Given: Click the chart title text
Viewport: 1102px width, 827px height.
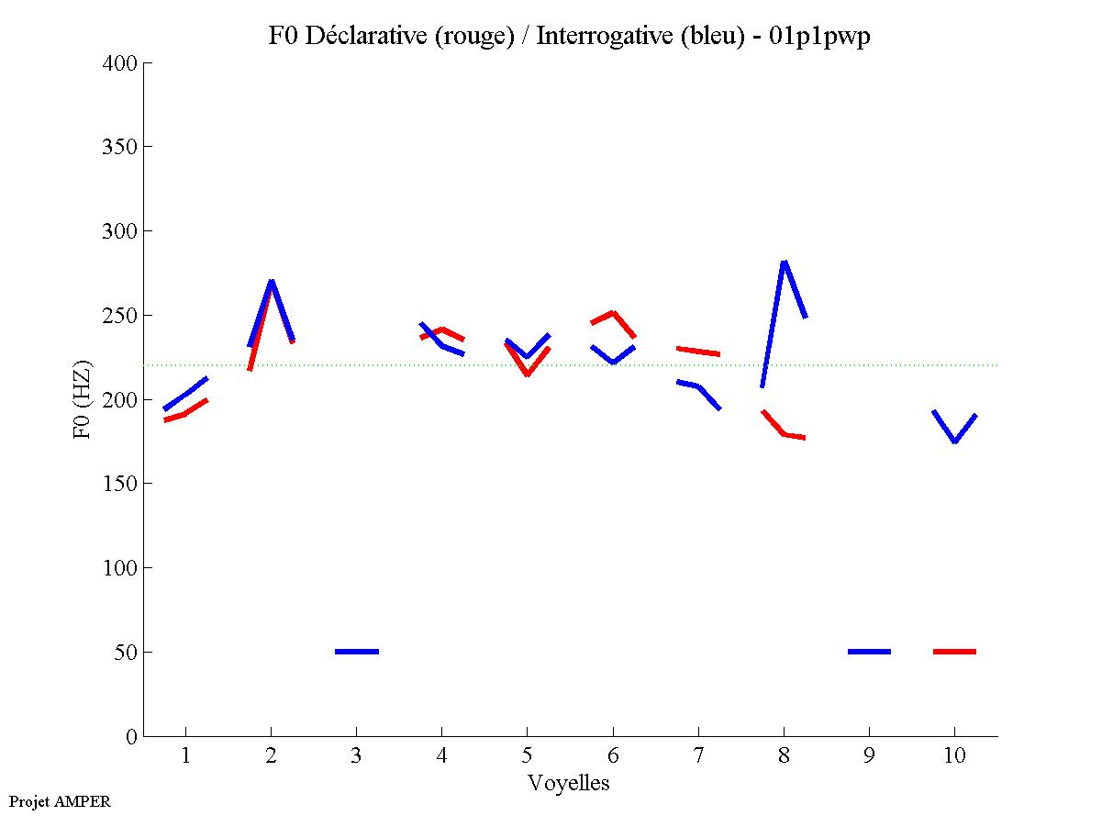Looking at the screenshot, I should [569, 36].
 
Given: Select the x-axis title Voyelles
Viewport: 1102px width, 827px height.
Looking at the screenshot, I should [569, 783].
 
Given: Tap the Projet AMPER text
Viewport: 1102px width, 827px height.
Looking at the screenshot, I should [60, 801].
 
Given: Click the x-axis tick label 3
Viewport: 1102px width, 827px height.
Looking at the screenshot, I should [356, 755].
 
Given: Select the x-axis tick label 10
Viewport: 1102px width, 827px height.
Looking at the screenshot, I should [954, 755].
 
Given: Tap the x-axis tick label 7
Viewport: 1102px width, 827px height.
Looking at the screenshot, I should [698, 755].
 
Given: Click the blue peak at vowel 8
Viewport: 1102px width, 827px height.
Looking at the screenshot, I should [784, 263].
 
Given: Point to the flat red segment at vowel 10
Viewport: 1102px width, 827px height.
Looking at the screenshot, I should [954, 652].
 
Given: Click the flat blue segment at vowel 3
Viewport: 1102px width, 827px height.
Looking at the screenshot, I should [356, 652].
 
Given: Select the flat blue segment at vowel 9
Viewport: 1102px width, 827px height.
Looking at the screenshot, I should [869, 652].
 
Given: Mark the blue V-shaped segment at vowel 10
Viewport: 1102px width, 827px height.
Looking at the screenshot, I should [954, 440].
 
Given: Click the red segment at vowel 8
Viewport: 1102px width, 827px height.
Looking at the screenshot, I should [784, 432].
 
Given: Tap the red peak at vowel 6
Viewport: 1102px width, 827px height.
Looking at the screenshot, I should [612, 313].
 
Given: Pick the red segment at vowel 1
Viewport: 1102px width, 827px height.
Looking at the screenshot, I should [186, 413].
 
